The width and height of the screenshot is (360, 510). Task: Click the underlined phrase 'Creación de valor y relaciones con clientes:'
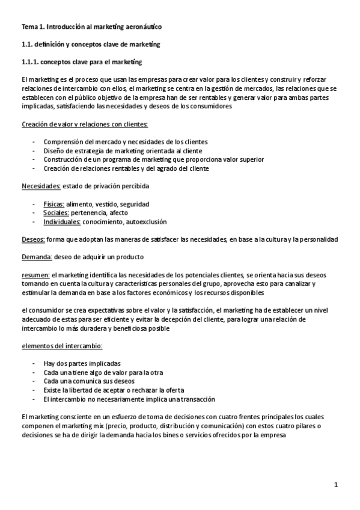[x=84, y=124]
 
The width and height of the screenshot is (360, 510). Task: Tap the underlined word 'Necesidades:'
[x=41, y=186]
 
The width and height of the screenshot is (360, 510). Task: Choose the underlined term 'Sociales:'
[x=56, y=213]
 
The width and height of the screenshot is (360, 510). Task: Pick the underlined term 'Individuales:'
[x=63, y=222]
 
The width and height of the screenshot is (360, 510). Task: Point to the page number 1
[x=337, y=484]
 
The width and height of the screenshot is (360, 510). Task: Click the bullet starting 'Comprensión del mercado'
[x=126, y=142]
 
